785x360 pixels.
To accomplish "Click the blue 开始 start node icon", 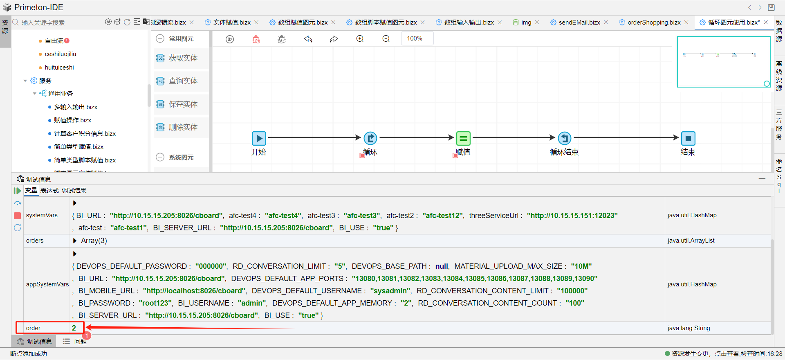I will pos(259,138).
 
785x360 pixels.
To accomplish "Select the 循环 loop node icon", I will pos(370,138).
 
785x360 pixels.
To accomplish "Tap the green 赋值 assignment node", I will pos(463,138).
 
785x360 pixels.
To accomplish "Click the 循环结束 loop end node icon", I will pos(565,138).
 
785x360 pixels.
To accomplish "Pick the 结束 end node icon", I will pos(688,138).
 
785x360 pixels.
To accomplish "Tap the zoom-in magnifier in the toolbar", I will pos(360,39).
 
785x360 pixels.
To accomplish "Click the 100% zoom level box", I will pos(415,38).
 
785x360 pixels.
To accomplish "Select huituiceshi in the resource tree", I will pos(59,67).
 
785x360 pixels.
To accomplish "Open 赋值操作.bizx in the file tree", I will pos(72,120).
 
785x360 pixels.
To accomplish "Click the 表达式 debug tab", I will pos(49,191).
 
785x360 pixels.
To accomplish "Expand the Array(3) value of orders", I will pos(75,241).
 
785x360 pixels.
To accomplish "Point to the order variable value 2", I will pos(74,328).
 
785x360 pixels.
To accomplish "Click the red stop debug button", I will pos(17,216).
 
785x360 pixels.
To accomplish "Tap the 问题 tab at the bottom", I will pos(80,341).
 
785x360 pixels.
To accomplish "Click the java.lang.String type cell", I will pos(689,328).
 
